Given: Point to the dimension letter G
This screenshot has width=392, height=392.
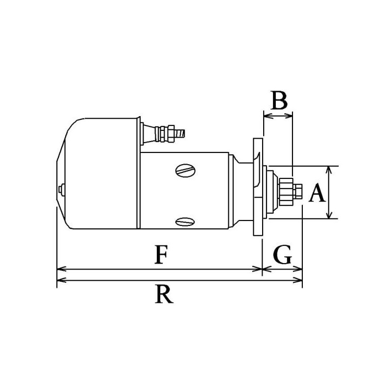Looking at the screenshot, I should pos(283,255).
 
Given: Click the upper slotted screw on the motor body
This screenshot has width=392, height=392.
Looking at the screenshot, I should pos(185,170).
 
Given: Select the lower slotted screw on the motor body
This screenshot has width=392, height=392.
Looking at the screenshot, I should pos(185,221).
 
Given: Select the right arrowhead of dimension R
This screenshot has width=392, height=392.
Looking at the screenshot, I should pos(298,280).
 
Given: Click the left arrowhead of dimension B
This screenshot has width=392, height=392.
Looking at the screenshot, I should pos(267,116).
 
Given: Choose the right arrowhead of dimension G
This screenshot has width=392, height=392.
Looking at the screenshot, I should pos(298,269).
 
